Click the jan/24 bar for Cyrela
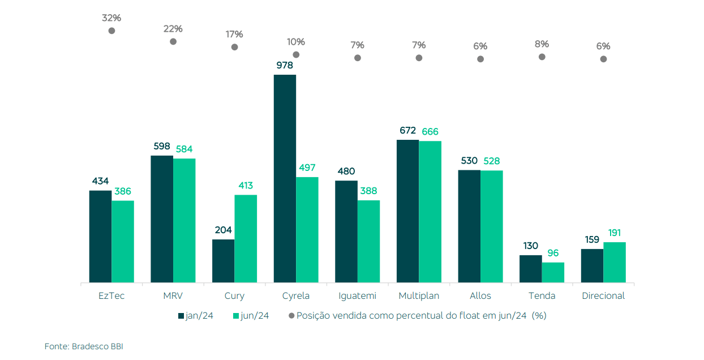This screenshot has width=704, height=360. (285, 178)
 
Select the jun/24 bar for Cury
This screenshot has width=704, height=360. (246, 238)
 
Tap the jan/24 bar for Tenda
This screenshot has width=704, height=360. (530, 269)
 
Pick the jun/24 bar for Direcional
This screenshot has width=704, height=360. (614, 262)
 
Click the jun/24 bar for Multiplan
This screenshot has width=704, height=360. (430, 211)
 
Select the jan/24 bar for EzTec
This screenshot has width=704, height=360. (100, 236)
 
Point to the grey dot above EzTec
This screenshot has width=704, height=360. (111, 31)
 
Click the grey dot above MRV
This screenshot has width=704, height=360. (173, 41)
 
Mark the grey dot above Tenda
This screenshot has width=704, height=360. (542, 57)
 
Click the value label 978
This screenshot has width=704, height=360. (285, 65)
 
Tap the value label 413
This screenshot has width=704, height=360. (246, 186)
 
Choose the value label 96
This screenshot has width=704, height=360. (553, 253)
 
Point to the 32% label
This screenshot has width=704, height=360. (111, 18)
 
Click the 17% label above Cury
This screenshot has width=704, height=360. (234, 34)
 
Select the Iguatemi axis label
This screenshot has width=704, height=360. (357, 295)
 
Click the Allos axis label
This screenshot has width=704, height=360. (480, 295)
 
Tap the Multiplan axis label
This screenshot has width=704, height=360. (419, 295)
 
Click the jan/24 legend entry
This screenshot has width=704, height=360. (196, 316)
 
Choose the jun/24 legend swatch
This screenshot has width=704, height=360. (236, 316)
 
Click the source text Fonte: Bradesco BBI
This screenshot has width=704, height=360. (84, 346)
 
